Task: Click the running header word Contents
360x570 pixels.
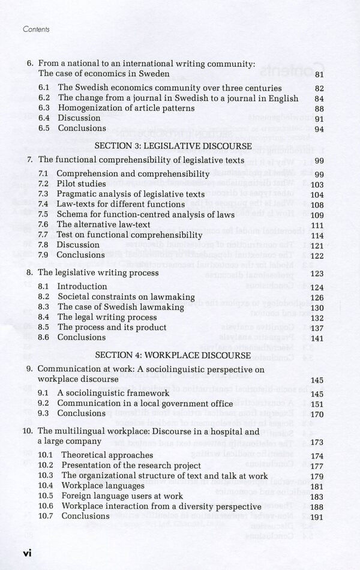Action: pos(35,29)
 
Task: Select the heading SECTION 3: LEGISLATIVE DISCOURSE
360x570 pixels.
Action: pos(173,146)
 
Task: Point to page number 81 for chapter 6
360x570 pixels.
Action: pos(319,75)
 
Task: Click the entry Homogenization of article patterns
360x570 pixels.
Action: pos(126,109)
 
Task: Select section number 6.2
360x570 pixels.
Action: pos(44,98)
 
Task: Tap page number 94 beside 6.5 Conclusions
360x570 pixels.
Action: pos(319,129)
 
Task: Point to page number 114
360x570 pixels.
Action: pos(317,236)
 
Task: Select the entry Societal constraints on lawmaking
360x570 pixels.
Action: pos(126,297)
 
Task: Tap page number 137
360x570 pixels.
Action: pos(317,328)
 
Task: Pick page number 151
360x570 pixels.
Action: pos(317,404)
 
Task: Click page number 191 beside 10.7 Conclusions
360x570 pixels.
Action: pos(317,517)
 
